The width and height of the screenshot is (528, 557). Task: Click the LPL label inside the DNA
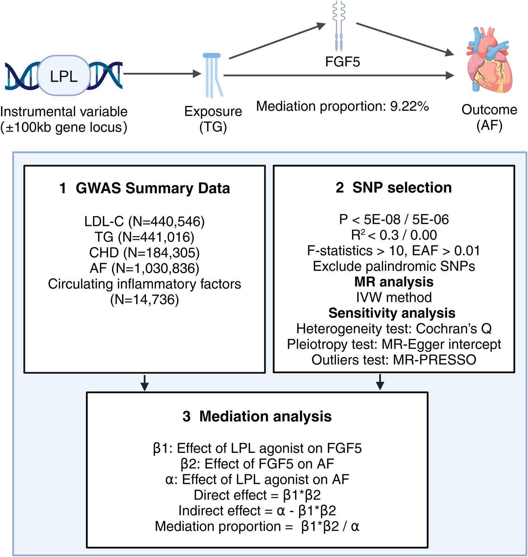pos(64,76)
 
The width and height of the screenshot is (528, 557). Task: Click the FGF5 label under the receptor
pos(342,62)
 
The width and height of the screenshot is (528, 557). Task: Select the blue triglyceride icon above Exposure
pos(213,75)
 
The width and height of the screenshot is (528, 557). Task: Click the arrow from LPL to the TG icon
pos(162,74)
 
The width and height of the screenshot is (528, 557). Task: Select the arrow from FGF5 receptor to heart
pos(405,39)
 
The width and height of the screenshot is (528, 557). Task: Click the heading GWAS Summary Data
pos(153,188)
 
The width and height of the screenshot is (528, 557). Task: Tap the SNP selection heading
pos(402,188)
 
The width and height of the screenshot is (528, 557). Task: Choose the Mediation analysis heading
pos(265,416)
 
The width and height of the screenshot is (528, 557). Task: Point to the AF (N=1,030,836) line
pos(145,268)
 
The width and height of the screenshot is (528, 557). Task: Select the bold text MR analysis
pos(394,282)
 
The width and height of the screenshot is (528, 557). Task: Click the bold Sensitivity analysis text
pos(392,313)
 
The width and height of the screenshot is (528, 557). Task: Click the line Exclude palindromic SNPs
pos(394,266)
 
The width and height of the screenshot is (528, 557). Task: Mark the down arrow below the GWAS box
pos(145,382)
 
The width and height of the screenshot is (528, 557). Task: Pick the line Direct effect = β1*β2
pos(257,495)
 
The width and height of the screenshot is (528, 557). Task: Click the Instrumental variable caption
pos(64,112)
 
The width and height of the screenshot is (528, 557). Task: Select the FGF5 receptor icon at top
pos(339,26)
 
